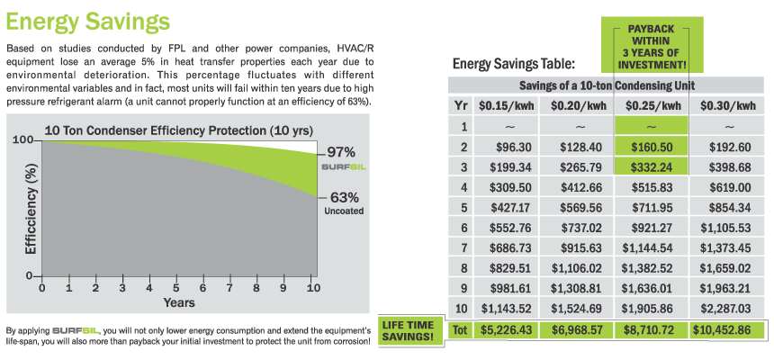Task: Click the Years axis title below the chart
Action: (x=178, y=302)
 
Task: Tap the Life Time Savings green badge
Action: (x=411, y=329)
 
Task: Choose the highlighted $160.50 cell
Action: (x=651, y=146)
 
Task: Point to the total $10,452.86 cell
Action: (x=724, y=331)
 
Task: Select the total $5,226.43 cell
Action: (x=507, y=331)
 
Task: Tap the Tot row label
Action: (x=460, y=331)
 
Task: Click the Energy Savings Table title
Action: (x=513, y=64)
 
